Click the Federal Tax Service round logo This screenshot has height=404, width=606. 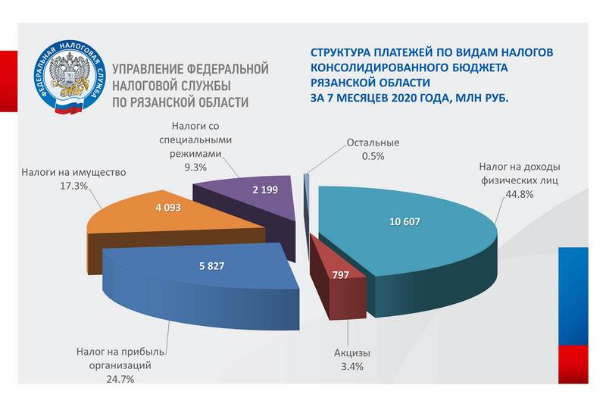[x=69, y=77]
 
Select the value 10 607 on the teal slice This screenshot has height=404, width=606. [x=405, y=222]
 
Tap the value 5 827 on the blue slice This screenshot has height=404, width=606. [x=212, y=266]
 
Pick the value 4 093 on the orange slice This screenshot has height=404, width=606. [x=168, y=208]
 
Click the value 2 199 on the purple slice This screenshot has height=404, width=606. [x=265, y=189]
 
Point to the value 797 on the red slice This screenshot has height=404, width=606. [x=341, y=275]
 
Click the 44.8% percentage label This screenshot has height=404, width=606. [x=520, y=194]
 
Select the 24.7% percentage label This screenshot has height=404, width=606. [x=120, y=379]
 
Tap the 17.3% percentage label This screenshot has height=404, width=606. [x=73, y=186]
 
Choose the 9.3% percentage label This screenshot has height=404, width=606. [x=195, y=168]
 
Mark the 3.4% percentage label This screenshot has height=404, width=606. [x=352, y=367]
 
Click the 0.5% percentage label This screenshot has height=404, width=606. [x=373, y=156]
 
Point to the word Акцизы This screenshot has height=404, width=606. [x=352, y=353]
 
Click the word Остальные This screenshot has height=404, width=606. [x=373, y=142]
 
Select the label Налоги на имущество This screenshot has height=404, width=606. [x=73, y=172]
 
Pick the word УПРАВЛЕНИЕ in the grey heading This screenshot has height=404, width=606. [x=147, y=69]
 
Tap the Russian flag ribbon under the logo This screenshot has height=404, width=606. [x=69, y=108]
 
